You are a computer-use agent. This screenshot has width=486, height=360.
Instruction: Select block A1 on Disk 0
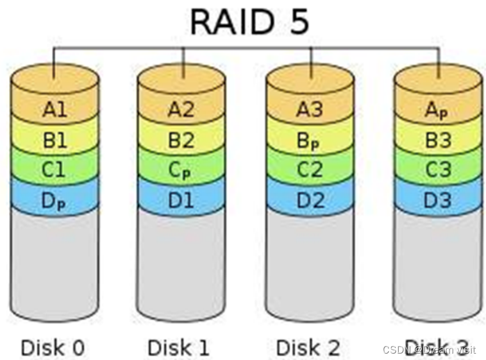tap(55, 110)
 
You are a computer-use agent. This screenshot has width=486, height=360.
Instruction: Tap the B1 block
tap(55, 139)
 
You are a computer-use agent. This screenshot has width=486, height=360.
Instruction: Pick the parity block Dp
tap(55, 200)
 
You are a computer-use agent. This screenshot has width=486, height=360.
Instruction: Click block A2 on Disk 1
tap(181, 110)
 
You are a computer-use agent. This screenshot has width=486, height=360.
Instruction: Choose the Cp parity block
tap(181, 170)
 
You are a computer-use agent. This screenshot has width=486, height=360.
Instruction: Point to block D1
tap(181, 200)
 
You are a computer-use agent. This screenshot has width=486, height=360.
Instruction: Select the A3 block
tap(310, 110)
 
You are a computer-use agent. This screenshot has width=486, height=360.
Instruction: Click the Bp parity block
tap(310, 140)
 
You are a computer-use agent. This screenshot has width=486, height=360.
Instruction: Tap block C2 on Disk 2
tap(310, 170)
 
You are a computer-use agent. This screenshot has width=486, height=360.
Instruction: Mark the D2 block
tap(310, 200)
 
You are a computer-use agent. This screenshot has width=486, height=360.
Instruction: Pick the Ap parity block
tap(437, 110)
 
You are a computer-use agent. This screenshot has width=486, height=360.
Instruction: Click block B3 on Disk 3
tap(437, 139)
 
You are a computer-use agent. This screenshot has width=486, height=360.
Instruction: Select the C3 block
tap(437, 170)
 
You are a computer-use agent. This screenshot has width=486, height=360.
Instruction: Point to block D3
tap(437, 200)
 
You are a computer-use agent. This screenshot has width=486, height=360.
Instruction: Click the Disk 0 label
tap(53, 347)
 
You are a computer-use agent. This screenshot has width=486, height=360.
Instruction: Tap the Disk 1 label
tap(178, 347)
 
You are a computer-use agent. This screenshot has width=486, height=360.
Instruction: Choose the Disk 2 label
tap(308, 347)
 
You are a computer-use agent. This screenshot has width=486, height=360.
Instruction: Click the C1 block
tap(55, 170)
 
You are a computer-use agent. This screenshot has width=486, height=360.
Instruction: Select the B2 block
tap(181, 139)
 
